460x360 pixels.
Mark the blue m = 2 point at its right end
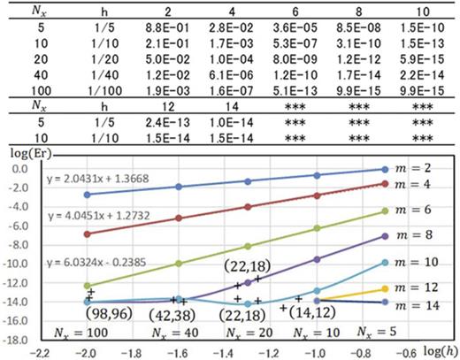click(384, 169)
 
